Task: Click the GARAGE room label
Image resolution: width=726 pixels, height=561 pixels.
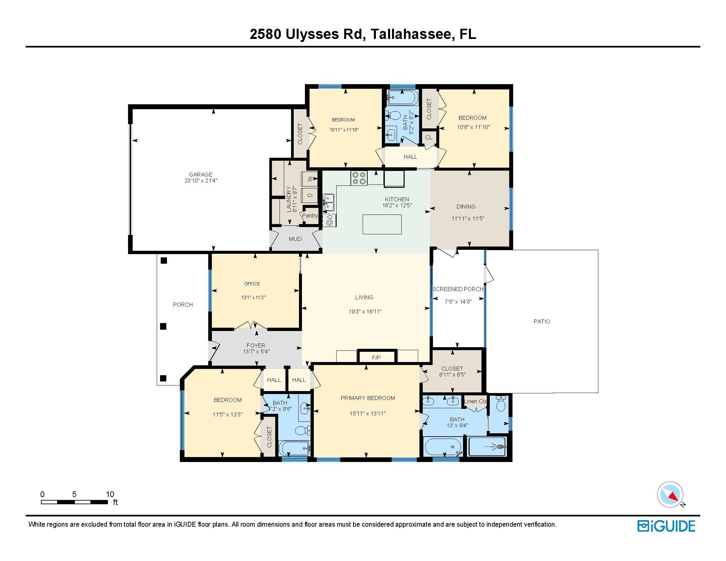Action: pos(200,175)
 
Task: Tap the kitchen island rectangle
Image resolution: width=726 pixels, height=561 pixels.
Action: pos(382,224)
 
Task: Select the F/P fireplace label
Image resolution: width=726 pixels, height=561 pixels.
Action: pos(376,358)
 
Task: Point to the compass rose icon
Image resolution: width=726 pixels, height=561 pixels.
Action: pos(670,494)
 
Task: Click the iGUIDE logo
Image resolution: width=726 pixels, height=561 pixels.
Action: pos(666,526)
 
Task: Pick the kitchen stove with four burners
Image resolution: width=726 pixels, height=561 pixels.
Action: pos(359,178)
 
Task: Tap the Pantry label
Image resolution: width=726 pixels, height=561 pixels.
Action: pos(310,215)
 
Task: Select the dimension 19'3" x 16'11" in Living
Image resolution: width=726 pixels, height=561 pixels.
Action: pos(365,312)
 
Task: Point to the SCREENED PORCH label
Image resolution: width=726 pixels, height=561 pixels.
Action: pos(458,289)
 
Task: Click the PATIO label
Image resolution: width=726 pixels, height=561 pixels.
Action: pos(542,321)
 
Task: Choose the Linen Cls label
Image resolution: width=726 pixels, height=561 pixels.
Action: pos(475,401)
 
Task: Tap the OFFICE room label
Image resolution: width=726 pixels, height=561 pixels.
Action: pos(252,284)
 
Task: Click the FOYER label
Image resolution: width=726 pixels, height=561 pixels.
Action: pos(256,345)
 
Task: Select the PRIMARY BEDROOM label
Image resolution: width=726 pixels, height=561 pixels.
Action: pos(368,398)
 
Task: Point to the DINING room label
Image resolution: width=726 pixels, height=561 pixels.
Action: pos(466,206)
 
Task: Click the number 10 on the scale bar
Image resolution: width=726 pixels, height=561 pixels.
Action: pos(110,494)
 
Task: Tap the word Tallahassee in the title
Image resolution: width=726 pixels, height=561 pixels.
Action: pos(411,34)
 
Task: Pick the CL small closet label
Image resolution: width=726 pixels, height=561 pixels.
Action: pos(429,137)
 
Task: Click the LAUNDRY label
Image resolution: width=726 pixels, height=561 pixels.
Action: pos(289,199)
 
